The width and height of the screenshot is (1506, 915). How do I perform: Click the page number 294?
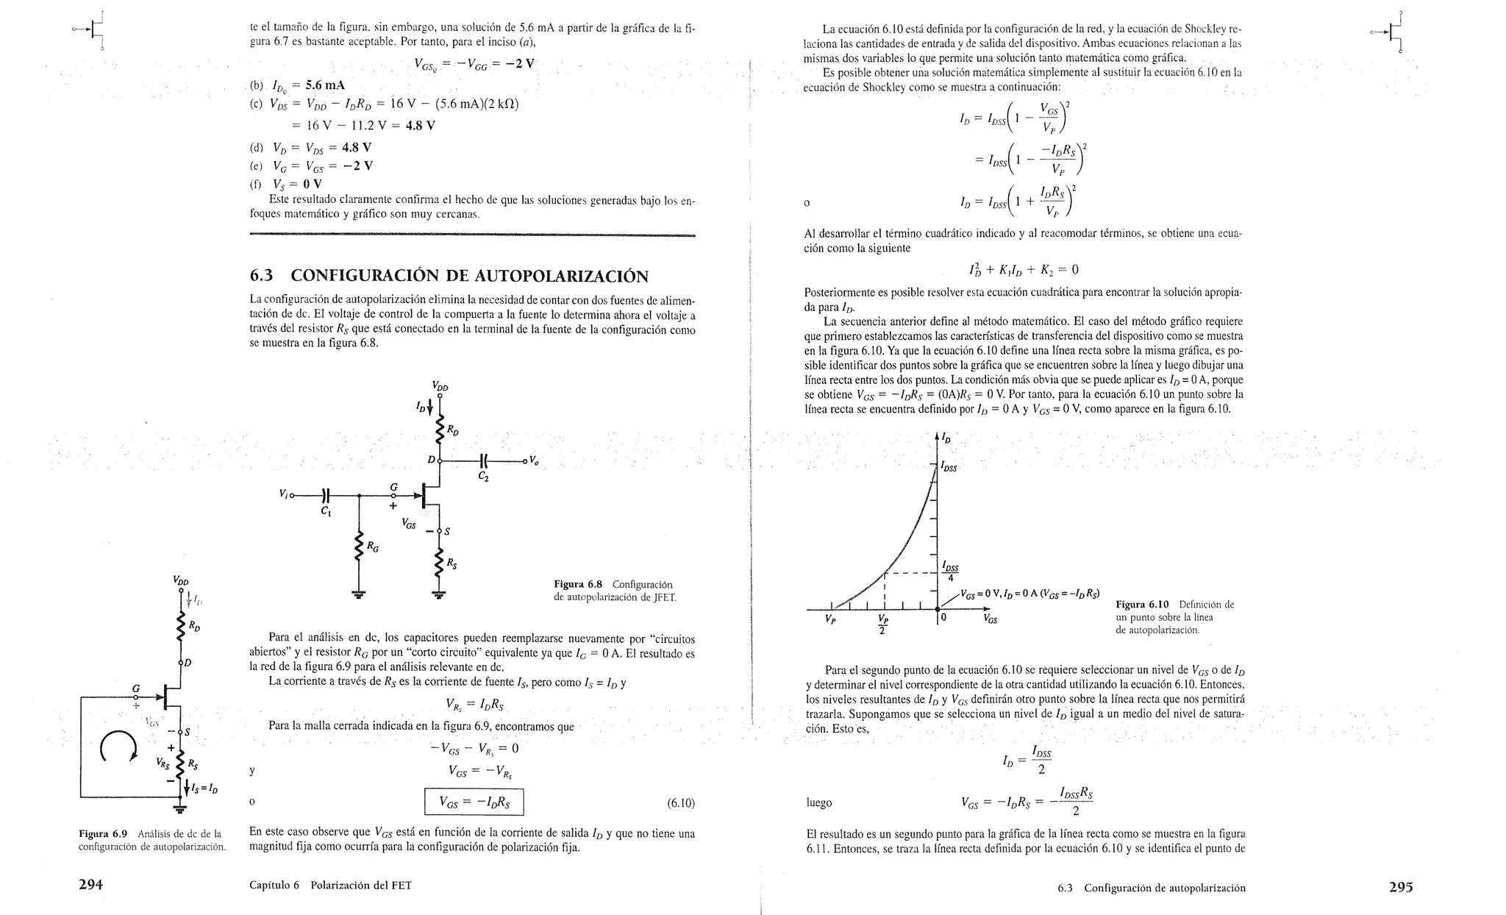click(x=90, y=886)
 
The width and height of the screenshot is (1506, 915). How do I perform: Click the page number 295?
click(x=1400, y=887)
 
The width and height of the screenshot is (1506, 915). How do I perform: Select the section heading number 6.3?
click(x=261, y=277)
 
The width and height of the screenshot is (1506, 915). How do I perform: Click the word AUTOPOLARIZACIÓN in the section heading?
click(x=561, y=277)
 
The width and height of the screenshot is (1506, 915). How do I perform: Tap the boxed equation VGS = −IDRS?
click(x=474, y=802)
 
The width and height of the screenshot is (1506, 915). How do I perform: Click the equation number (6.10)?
click(x=680, y=803)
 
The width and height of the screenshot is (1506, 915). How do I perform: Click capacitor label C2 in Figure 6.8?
click(x=484, y=477)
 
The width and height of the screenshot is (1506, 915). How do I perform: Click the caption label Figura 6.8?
click(x=578, y=585)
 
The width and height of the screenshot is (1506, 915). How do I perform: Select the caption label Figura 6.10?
click(x=1142, y=605)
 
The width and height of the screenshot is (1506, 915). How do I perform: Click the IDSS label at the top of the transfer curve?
click(x=949, y=467)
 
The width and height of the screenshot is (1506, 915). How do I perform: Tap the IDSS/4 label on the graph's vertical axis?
click(x=950, y=571)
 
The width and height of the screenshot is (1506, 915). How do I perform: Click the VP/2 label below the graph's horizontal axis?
click(x=883, y=624)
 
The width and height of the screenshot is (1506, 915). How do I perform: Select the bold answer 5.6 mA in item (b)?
click(x=325, y=85)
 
